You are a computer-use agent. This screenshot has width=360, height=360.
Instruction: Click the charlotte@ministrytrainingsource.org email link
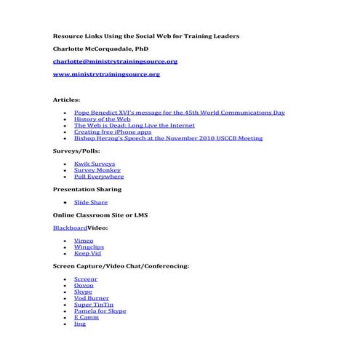point(115,62)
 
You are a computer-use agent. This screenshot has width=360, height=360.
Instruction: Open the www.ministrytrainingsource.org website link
point(106,74)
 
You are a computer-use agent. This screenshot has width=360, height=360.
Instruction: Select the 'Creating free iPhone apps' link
point(113,132)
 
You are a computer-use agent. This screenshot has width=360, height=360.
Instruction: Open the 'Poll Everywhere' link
point(99,177)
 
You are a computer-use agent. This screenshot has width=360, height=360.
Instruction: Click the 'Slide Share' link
point(91,202)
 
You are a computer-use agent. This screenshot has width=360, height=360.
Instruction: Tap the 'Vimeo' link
point(84,241)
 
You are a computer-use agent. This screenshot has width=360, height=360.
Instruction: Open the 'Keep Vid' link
point(87,254)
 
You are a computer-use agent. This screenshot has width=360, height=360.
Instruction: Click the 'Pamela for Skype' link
point(100,311)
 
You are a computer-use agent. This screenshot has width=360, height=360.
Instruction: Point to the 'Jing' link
point(80,324)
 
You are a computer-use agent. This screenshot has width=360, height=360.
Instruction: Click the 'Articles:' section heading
point(67,100)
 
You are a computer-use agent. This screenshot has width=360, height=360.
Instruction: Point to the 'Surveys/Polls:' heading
point(76,151)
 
